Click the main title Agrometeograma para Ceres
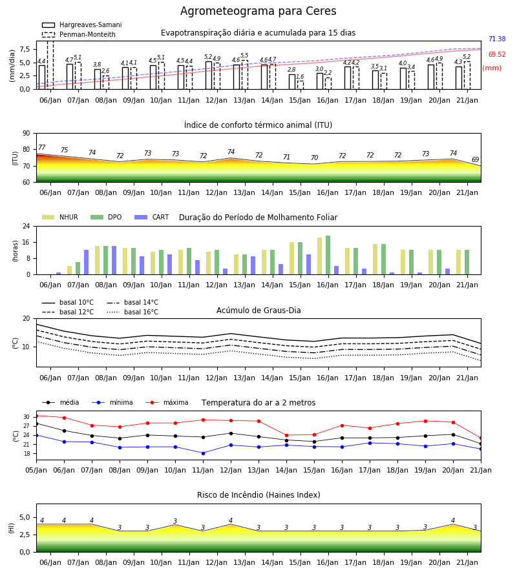[x=258, y=11]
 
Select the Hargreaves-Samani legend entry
[x=81, y=25]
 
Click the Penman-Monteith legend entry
[x=79, y=34]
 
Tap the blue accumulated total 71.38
[x=497, y=39]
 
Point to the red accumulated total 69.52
[x=497, y=54]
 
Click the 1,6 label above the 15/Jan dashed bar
[x=300, y=77]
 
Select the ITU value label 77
[x=41, y=147]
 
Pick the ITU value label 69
[x=475, y=159]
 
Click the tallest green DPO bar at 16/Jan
[x=328, y=255]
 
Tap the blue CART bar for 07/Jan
[x=86, y=262]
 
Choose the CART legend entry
[x=152, y=217]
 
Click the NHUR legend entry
[x=60, y=217]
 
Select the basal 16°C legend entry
[x=132, y=312]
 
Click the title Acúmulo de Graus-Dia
[x=258, y=311]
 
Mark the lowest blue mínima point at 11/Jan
[x=203, y=453]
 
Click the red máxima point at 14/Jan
[x=287, y=435]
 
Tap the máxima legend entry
[x=167, y=402]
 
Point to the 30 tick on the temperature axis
[x=26, y=417]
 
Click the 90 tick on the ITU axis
[x=26, y=134]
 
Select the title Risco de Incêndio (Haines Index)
[x=258, y=495]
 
